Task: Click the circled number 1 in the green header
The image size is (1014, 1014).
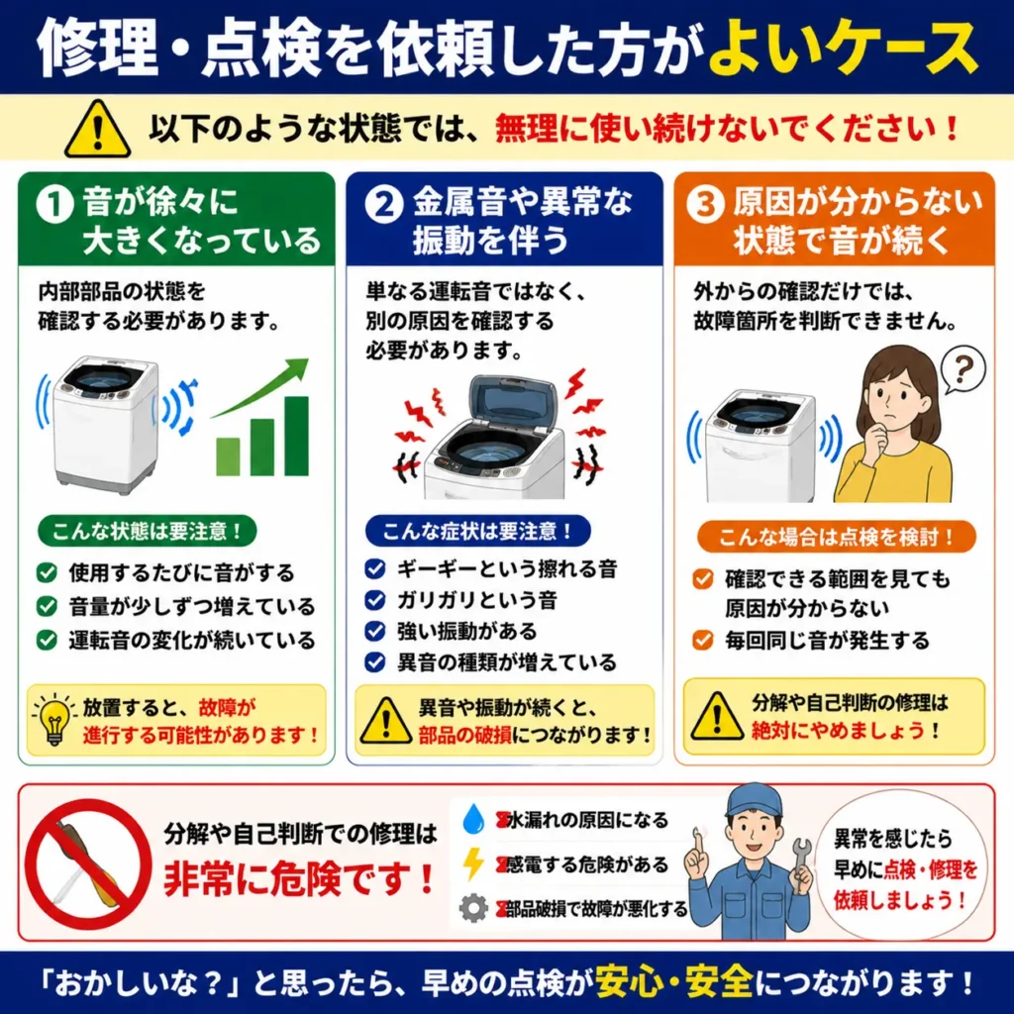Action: click(54, 204)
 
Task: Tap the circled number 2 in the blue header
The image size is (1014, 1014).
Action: click(384, 204)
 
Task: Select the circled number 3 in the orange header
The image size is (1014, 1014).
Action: click(705, 204)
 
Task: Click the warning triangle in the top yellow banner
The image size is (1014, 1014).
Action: click(98, 130)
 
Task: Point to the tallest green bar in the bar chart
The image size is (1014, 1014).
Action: click(296, 436)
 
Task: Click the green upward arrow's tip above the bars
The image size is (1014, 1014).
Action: click(307, 360)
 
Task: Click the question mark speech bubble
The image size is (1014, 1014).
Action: click(962, 370)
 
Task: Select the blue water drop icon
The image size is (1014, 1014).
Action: click(473, 819)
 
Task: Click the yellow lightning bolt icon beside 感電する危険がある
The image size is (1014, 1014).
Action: click(473, 863)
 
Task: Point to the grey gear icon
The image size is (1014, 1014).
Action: click(473, 908)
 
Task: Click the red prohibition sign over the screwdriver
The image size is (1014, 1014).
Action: click(87, 863)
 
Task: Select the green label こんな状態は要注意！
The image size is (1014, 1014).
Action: click(148, 531)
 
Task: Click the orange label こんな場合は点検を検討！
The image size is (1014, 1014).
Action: click(836, 537)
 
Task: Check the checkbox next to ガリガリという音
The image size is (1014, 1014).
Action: click(375, 600)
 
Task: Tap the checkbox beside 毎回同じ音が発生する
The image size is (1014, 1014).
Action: click(703, 641)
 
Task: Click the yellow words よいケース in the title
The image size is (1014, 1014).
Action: click(844, 49)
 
